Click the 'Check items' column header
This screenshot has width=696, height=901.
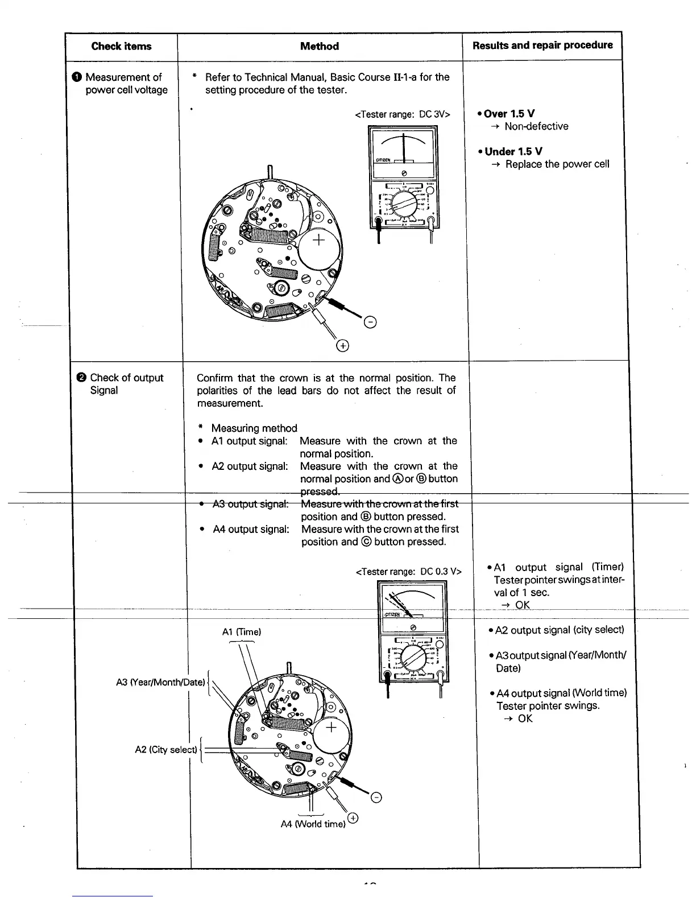pos(121,47)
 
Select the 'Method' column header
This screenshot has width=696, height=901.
pos(320,47)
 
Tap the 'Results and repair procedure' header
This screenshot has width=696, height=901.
pos(542,46)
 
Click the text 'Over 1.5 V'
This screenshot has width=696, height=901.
pos(509,114)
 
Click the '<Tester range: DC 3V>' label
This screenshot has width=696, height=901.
pos(403,114)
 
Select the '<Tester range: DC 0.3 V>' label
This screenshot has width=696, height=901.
pos(409,572)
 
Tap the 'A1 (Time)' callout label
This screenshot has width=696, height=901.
pos(242,632)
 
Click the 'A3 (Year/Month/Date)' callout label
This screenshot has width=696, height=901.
pos(160,682)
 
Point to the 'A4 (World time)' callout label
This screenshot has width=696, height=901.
pos(313,824)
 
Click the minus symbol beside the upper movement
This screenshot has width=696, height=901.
pos(370,324)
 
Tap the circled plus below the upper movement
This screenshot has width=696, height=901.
pos(342,346)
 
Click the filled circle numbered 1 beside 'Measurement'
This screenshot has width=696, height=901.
pos(77,77)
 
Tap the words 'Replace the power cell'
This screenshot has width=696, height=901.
pos(557,164)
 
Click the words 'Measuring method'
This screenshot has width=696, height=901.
pos(254,428)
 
